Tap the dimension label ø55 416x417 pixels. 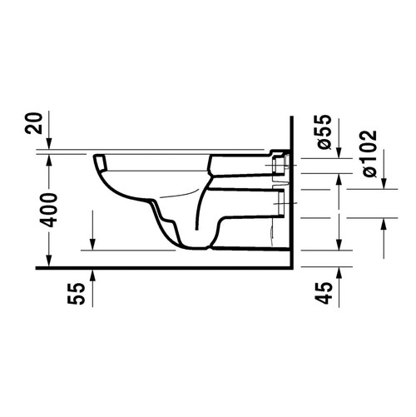(325, 131)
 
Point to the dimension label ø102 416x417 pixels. (368, 151)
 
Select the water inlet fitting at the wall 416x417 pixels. (279, 166)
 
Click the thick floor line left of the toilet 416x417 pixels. (67, 267)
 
